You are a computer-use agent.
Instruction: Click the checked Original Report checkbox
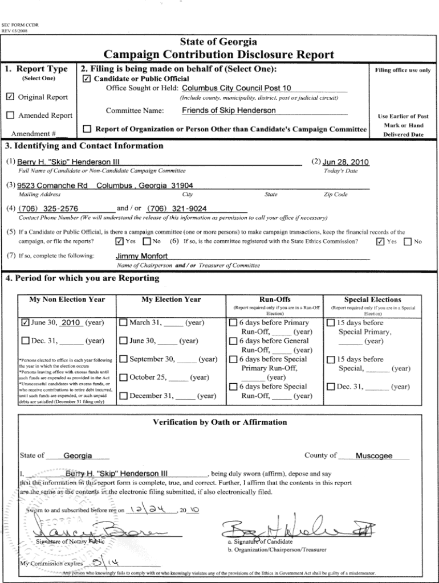point(10,97)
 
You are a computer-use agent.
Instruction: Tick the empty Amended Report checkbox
point(10,116)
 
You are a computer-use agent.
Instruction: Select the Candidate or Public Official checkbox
point(86,79)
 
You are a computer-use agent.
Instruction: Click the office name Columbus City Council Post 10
point(236,88)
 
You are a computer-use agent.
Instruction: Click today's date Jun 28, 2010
point(345,162)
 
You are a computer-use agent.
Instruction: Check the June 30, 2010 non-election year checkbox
point(25,323)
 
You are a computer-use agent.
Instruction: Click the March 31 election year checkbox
point(123,323)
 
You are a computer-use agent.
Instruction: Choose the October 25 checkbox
point(123,377)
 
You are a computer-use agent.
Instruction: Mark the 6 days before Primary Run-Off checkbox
point(233,323)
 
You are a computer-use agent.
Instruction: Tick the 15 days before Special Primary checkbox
point(331,323)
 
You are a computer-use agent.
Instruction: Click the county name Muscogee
point(373,456)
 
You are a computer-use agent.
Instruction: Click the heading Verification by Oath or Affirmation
point(219,422)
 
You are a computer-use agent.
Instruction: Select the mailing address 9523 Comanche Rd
point(52,186)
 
